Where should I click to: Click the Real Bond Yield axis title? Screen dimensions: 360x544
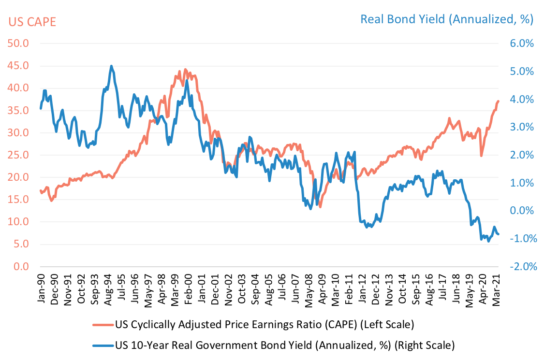pyautogui.click(x=446, y=19)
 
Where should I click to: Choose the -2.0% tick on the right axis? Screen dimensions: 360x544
pyautogui.click(x=519, y=267)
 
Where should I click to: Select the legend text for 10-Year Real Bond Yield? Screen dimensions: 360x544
pyautogui.click(x=285, y=346)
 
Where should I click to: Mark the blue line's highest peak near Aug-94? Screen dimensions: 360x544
pyautogui.click(x=111, y=66)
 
